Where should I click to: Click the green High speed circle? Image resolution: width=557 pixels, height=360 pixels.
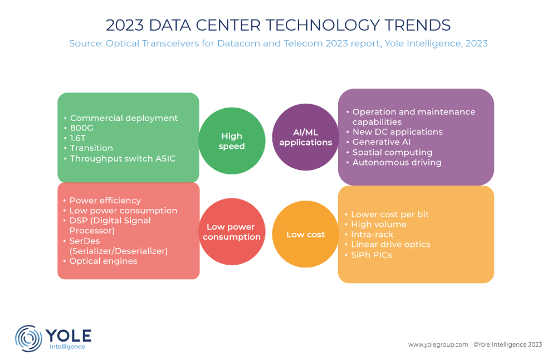pyautogui.click(x=232, y=141)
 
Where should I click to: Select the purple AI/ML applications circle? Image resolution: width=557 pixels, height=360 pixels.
pyautogui.click(x=306, y=137)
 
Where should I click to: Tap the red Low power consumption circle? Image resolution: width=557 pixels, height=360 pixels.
pyautogui.click(x=232, y=232)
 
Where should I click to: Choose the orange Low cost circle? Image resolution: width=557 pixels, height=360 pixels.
pyautogui.click(x=306, y=235)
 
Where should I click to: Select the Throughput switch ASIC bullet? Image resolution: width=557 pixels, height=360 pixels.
pyautogui.click(x=123, y=158)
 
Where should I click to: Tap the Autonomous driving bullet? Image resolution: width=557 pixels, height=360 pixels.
pyautogui.click(x=397, y=162)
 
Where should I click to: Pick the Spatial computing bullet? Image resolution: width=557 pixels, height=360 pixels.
pyautogui.click(x=392, y=152)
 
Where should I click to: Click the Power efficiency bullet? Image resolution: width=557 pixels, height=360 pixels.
pyautogui.click(x=105, y=200)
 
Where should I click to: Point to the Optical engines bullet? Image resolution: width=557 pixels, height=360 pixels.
pyautogui.click(x=103, y=261)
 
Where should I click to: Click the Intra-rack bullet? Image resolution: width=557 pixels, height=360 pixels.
pyautogui.click(x=372, y=234)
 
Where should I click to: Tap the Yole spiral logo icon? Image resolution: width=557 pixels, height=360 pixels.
pyautogui.click(x=28, y=339)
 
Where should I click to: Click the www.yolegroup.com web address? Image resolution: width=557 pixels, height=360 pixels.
pyautogui.click(x=438, y=345)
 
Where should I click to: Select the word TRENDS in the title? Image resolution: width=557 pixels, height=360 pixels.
pyautogui.click(x=414, y=25)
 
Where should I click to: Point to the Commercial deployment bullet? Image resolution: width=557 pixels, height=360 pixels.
pyautogui.click(x=124, y=118)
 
